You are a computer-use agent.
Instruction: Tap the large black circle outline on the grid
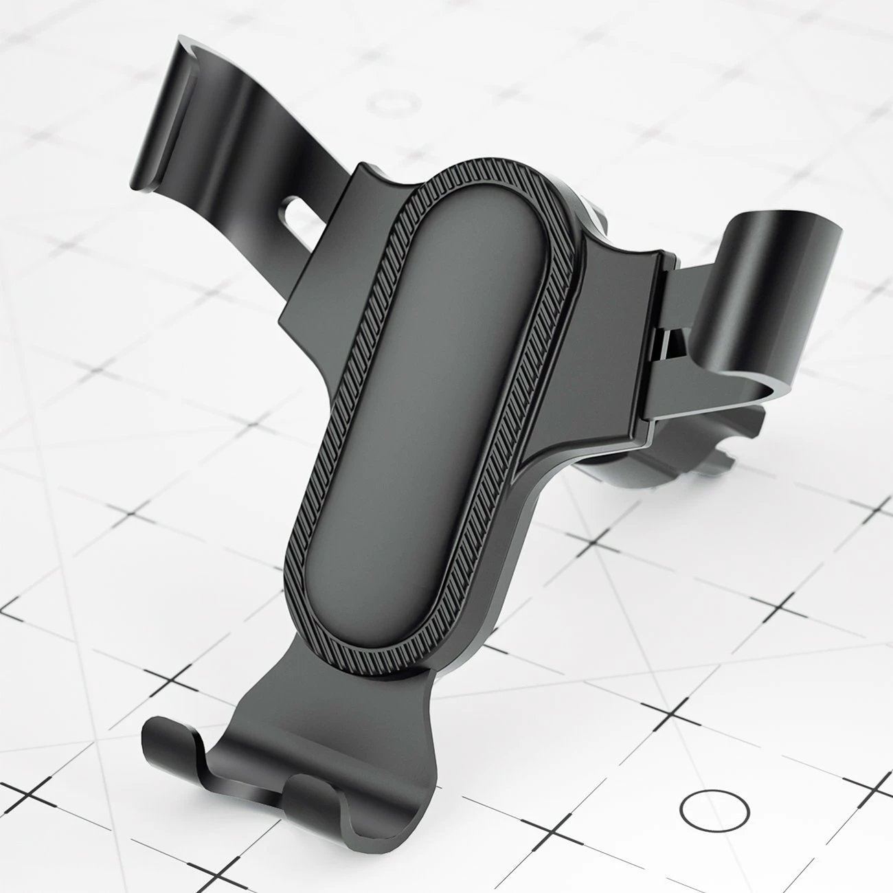[x=714, y=809]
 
